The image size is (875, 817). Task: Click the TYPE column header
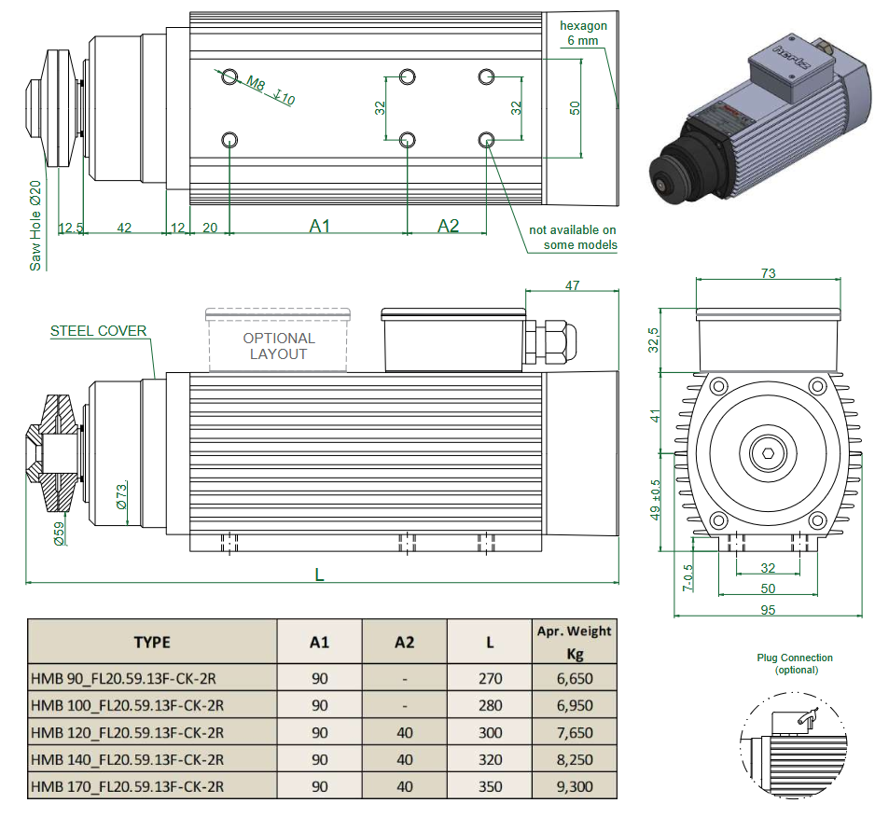(152, 642)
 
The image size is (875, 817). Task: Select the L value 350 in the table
(490, 786)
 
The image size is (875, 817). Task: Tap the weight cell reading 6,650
(574, 678)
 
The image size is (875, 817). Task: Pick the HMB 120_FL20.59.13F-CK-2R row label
(128, 732)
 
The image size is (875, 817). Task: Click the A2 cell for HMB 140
(404, 759)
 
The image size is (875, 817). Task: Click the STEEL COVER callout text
(98, 331)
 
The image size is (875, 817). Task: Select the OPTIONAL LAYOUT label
(278, 346)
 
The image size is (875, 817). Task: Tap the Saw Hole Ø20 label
(35, 225)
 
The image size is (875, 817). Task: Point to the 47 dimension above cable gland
(572, 285)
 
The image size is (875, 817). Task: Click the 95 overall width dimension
(768, 610)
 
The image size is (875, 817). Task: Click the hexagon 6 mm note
(583, 33)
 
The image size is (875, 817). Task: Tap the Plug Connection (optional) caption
(795, 663)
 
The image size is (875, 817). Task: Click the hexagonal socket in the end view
(766, 453)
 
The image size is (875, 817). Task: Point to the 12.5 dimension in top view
(71, 227)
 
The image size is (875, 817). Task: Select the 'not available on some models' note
(573, 237)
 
